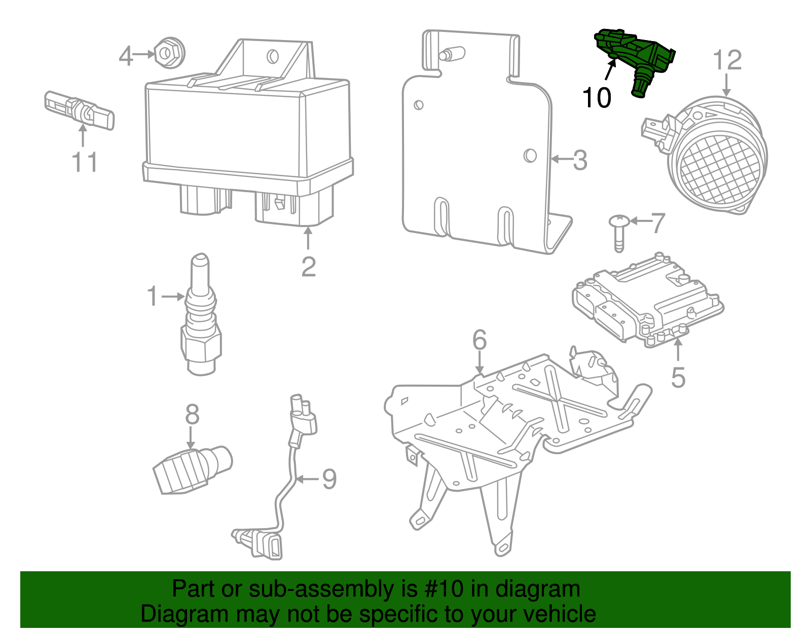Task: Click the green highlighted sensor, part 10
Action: tap(636, 56)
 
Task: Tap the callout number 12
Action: tap(727, 60)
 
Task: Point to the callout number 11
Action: tap(85, 162)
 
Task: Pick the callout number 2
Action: tap(308, 267)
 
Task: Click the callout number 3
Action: tap(580, 160)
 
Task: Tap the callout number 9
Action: tap(329, 479)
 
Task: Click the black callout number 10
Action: tap(597, 97)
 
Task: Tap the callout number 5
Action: tap(678, 378)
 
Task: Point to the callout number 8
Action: tap(192, 415)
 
